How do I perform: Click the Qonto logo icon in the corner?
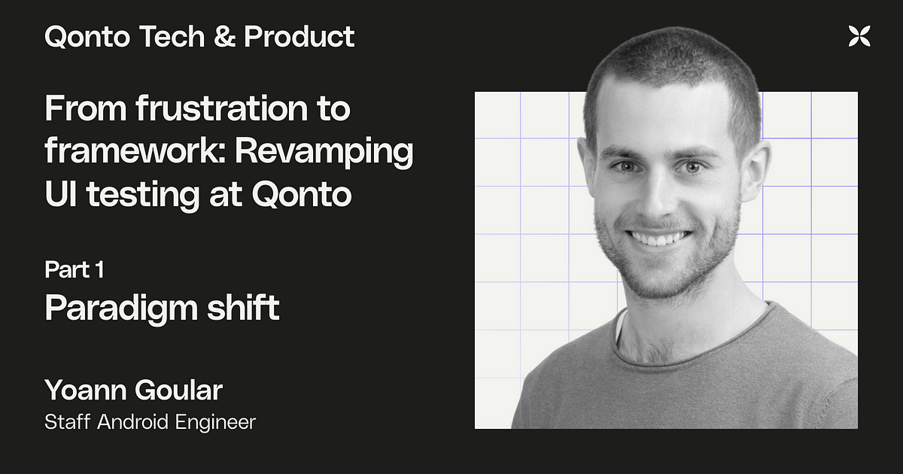[859, 36]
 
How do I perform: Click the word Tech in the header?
[172, 37]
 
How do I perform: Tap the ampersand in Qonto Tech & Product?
[224, 37]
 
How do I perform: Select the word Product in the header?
[299, 37]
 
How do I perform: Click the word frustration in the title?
[223, 108]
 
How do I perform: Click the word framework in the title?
[135, 151]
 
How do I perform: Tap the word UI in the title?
[60, 194]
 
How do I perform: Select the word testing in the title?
[143, 196]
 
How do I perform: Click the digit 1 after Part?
[99, 269]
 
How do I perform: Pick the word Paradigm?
[121, 308]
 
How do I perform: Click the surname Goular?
[178, 390]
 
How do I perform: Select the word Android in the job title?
[132, 422]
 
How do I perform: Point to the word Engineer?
[216, 423]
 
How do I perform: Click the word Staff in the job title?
[67, 422]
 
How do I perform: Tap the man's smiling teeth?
[659, 239]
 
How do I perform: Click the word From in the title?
[86, 108]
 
